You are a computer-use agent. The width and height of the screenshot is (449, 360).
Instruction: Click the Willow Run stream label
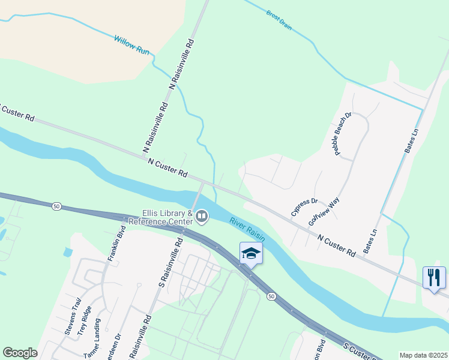pyautogui.click(x=131, y=46)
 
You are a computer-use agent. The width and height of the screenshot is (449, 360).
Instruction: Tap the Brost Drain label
pyautogui.click(x=279, y=19)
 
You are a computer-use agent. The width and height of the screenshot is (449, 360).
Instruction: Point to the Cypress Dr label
pyautogui.click(x=304, y=207)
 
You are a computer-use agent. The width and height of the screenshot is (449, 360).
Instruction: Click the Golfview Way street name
pyautogui.click(x=324, y=211)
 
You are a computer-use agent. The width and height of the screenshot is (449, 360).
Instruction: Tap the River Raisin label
pyautogui.click(x=247, y=230)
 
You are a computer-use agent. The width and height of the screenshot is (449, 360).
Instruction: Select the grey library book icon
pyautogui.click(x=202, y=215)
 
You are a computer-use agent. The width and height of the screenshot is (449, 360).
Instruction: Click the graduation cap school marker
pyautogui.click(x=251, y=254)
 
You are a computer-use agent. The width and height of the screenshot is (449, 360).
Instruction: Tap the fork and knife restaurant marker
pyautogui.click(x=434, y=277)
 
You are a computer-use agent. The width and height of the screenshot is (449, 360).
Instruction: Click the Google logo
pyautogui.click(x=20, y=353)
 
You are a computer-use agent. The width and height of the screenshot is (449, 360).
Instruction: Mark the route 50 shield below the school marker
pyautogui.click(x=271, y=296)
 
